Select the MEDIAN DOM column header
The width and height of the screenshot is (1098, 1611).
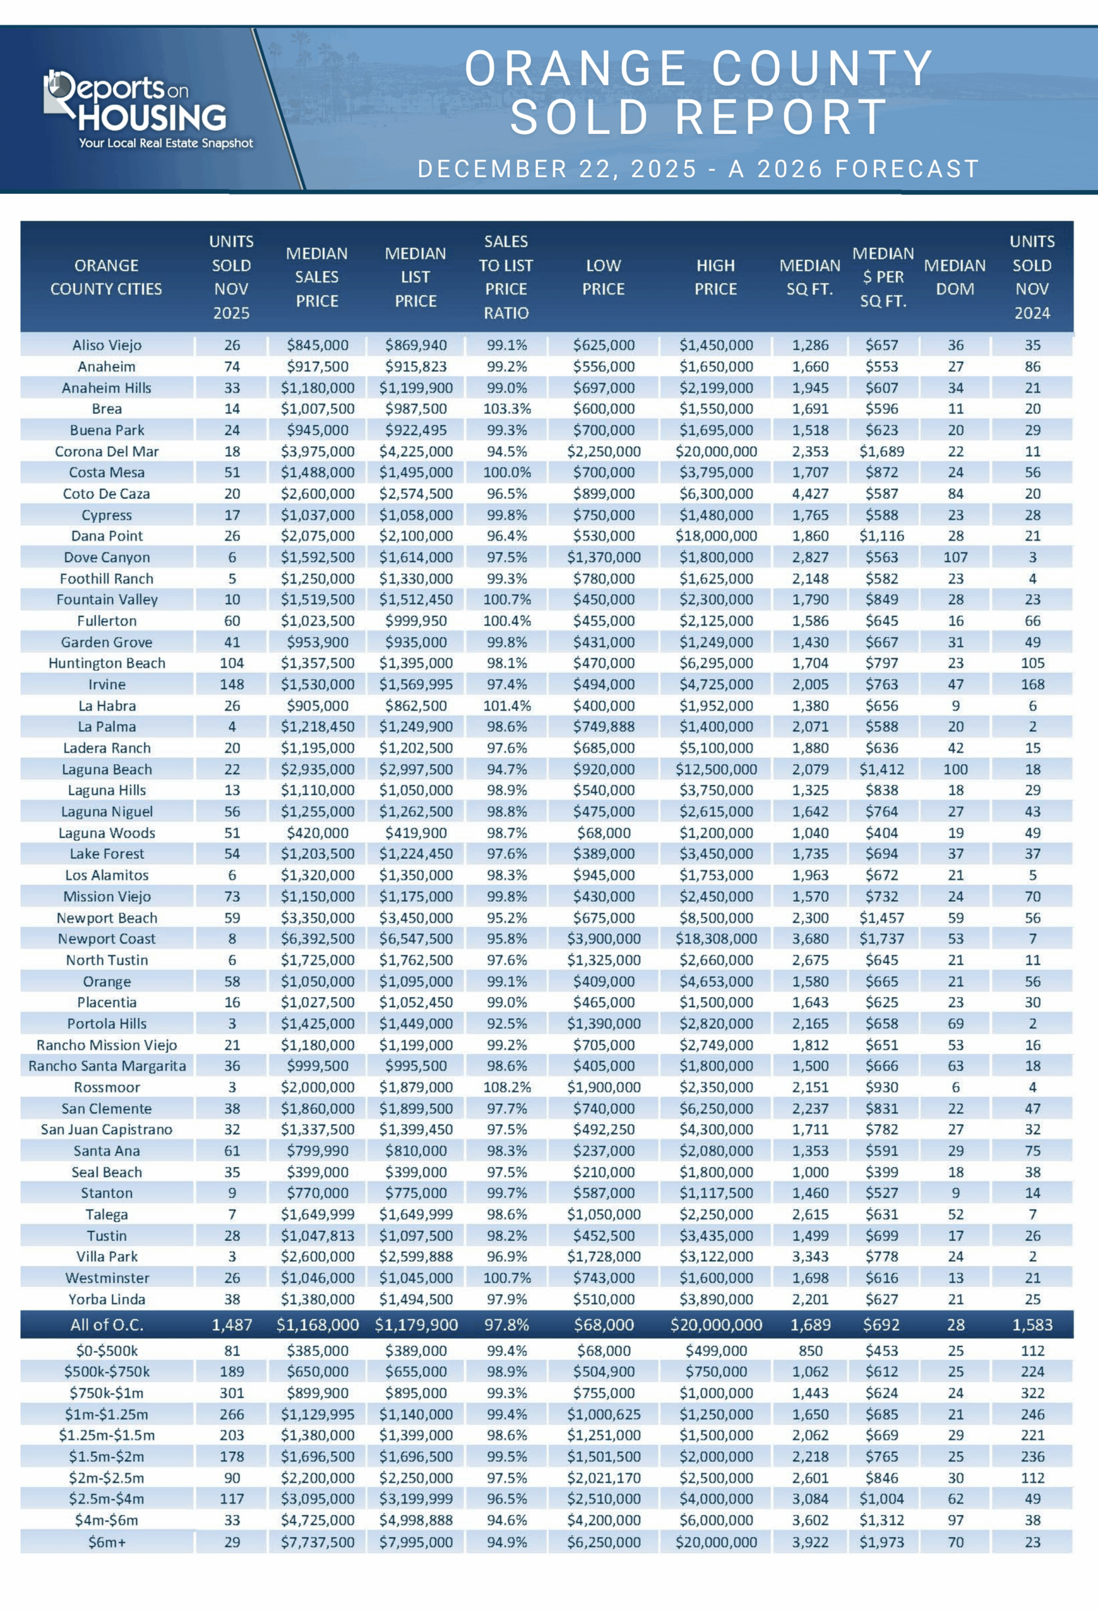click(955, 278)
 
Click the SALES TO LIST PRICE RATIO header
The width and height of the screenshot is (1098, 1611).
click(506, 278)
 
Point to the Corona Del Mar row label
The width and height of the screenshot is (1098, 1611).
click(107, 451)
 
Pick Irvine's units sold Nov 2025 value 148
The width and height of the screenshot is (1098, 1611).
click(232, 684)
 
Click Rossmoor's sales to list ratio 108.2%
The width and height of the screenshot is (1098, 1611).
click(507, 1087)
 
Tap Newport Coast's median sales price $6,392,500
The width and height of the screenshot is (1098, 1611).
click(318, 938)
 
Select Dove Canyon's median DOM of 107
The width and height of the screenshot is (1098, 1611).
click(955, 558)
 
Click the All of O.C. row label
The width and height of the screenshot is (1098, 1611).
click(107, 1325)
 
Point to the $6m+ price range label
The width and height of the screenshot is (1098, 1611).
click(107, 1542)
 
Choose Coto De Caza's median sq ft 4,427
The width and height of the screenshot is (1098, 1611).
click(810, 493)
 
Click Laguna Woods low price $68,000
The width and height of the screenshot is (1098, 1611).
click(603, 833)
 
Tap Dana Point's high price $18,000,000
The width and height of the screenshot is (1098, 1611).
click(716, 536)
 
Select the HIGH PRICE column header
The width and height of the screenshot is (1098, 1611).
click(715, 278)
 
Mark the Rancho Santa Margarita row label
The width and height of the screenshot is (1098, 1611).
click(107, 1065)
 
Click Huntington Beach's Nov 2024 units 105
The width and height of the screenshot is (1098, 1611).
click(1032, 663)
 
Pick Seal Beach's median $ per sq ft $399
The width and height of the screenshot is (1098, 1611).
click(882, 1172)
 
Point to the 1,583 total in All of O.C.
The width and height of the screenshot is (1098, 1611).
click(1032, 1325)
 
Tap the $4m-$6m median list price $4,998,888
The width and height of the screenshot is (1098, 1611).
click(416, 1520)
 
